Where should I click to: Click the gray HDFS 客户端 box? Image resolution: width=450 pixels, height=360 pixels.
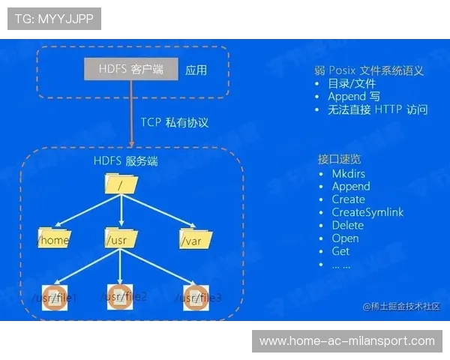point(131,70)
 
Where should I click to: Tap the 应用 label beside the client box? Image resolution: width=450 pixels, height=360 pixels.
point(196,70)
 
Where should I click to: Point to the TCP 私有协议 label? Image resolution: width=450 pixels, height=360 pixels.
point(174,122)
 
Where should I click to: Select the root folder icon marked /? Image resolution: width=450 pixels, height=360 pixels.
point(121,182)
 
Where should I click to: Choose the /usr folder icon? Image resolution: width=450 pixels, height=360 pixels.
point(120,238)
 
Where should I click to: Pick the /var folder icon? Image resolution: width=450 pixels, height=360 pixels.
point(194,238)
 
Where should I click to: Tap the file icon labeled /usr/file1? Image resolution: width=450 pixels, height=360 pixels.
point(55,294)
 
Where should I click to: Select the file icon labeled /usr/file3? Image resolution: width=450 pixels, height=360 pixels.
point(195,294)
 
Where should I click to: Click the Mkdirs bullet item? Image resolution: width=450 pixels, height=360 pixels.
point(348,174)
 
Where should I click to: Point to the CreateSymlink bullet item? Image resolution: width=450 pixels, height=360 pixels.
point(367,212)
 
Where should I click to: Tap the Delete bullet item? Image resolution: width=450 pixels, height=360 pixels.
point(347,225)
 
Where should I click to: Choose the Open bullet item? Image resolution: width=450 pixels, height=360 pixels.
point(345,238)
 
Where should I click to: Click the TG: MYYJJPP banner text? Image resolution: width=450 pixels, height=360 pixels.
point(54,19)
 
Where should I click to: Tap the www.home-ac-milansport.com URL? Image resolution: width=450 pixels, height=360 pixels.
point(347,341)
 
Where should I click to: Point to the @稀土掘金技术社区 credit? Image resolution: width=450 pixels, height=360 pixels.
point(401,306)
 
